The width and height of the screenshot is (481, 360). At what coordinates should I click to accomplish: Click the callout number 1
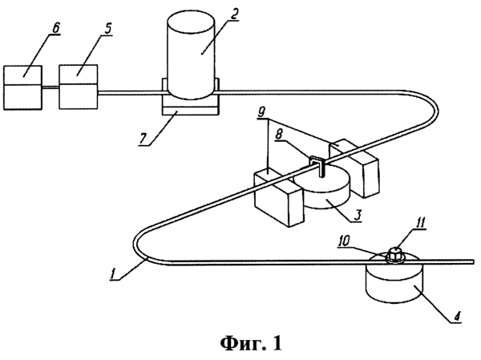[114, 273]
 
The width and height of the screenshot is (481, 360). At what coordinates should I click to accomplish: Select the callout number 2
[233, 14]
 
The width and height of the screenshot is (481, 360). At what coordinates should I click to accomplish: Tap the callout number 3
[358, 215]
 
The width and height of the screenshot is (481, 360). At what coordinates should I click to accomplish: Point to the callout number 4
[457, 316]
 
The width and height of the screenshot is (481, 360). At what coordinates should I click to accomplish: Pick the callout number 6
[55, 28]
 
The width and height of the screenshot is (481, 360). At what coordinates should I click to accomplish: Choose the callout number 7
[143, 139]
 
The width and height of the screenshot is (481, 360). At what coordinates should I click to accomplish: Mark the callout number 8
[279, 136]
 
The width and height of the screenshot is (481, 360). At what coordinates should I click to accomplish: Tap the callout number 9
[261, 112]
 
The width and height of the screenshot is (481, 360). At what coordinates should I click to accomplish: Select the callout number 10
[344, 241]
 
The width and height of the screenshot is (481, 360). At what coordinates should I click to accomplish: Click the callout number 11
[420, 223]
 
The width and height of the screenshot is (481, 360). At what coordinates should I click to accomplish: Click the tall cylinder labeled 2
[191, 55]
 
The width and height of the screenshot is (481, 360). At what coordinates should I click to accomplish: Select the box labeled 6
[22, 87]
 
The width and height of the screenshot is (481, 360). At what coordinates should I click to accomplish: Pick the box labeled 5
[79, 87]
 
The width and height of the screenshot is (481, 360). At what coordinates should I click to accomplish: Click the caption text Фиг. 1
[251, 343]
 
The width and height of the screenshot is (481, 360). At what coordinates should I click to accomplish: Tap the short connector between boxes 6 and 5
[51, 88]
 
